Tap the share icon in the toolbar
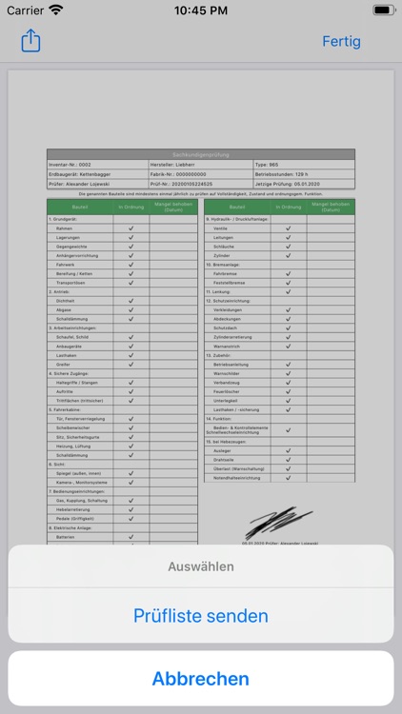[x=30, y=41]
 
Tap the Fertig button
[x=341, y=42]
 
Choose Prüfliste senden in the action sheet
[x=200, y=616]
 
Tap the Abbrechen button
[x=200, y=679]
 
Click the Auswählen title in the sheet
[x=200, y=566]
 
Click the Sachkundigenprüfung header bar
[x=200, y=153]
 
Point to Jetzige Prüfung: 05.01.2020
[x=290, y=184]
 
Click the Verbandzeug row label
[x=229, y=382]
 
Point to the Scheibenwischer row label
[x=77, y=427]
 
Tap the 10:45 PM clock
[x=200, y=10]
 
